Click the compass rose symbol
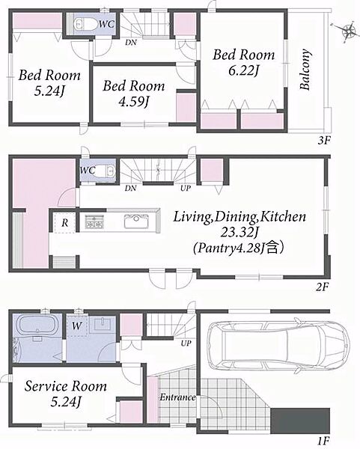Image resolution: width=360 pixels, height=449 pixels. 348,31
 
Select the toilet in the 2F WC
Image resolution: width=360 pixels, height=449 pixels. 106,171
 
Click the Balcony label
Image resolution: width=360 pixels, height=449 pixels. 305,70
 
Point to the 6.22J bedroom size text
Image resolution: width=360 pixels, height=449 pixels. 243,71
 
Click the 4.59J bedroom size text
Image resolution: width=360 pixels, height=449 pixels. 133,102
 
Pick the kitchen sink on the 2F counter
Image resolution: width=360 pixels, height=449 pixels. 136,222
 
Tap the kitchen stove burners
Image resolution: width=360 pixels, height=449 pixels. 95,222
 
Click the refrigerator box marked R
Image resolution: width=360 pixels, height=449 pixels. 65,223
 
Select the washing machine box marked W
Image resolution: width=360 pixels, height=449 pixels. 76,326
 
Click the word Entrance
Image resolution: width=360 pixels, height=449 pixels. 177,397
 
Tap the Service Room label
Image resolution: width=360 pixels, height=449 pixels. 66,386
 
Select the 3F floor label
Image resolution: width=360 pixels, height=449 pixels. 324,141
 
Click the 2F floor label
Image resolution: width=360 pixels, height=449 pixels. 322,287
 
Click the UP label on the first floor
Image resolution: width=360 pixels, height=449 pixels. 186,343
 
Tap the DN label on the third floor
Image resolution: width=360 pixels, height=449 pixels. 130,43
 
